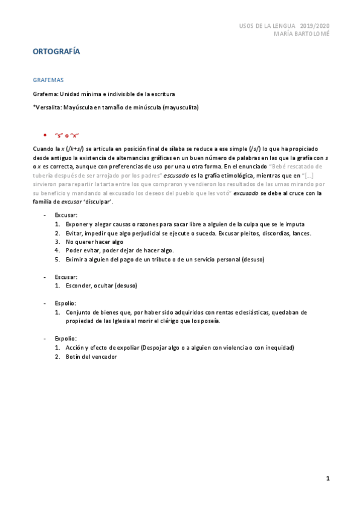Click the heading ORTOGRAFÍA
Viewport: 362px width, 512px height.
click(56, 52)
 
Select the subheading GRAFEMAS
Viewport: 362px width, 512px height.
click(48, 79)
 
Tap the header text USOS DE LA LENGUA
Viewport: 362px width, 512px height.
click(267, 26)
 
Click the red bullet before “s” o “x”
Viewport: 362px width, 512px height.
click(45, 135)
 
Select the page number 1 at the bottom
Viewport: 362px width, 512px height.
click(328, 479)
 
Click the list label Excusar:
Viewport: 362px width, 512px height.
click(66, 214)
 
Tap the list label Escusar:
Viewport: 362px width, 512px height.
click(66, 277)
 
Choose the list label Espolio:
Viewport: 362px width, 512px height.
click(65, 303)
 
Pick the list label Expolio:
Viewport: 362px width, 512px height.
click(65, 339)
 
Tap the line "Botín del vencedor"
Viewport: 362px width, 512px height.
click(91, 357)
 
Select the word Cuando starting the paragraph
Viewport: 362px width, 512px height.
click(43, 149)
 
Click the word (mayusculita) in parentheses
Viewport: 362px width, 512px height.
click(176, 107)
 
